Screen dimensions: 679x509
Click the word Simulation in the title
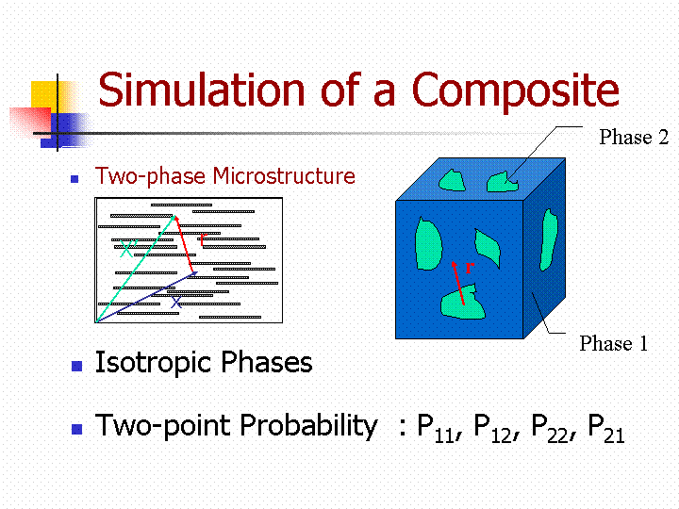[202, 90]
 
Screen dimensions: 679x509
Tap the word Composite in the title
[516, 91]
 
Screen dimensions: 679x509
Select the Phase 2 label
[634, 138]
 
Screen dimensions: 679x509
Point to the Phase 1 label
[614, 343]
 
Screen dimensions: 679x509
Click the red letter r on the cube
[470, 268]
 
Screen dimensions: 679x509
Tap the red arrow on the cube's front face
[457, 283]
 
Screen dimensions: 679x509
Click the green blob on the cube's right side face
[548, 239]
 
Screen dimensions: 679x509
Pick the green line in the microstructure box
[136, 269]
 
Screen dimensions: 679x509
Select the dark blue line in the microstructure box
[147, 297]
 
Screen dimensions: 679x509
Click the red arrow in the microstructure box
[184, 244]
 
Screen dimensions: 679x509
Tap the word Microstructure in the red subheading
[284, 175]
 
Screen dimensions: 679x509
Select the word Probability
[308, 426]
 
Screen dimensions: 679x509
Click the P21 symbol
[606, 429]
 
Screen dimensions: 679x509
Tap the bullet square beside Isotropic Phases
[76, 366]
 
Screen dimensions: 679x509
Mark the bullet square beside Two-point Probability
[76, 429]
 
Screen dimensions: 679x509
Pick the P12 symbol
[493, 429]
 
